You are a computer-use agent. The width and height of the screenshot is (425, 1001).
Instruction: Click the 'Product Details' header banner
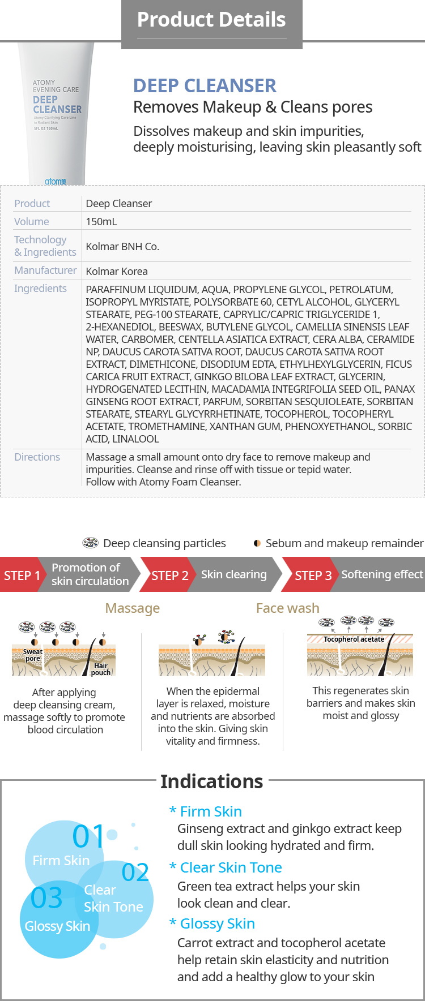(x=211, y=20)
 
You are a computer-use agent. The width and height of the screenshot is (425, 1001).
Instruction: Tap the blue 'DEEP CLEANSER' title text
(x=205, y=85)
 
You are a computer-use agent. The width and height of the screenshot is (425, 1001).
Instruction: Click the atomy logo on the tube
(x=56, y=181)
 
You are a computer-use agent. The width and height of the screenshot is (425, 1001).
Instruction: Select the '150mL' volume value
(x=101, y=222)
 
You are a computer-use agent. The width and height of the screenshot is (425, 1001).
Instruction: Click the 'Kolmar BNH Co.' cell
(x=122, y=247)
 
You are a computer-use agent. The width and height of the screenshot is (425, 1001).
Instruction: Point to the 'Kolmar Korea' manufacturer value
(x=117, y=272)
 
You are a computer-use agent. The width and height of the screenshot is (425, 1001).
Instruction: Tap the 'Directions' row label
(x=37, y=457)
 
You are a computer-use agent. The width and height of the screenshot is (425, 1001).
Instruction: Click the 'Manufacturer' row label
(x=45, y=270)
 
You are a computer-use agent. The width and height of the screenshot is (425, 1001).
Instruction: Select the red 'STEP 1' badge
(x=22, y=575)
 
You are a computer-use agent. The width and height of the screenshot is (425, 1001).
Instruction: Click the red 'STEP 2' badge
(x=169, y=575)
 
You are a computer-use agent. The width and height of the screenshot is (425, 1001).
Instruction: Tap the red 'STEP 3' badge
(x=313, y=575)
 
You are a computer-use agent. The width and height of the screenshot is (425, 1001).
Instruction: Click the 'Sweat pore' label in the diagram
(x=33, y=655)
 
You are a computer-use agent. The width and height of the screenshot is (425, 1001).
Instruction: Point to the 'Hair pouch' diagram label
(x=101, y=669)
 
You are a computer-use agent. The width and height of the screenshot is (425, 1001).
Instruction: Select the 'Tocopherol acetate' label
(x=354, y=639)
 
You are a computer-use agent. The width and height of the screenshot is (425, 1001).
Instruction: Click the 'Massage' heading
(x=133, y=608)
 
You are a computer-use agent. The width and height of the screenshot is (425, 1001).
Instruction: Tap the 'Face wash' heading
(x=287, y=608)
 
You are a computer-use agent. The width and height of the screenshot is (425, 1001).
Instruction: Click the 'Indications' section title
(x=211, y=781)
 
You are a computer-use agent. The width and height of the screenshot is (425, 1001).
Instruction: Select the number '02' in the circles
(x=135, y=873)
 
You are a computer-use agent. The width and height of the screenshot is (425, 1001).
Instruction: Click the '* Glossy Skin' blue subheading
(x=212, y=924)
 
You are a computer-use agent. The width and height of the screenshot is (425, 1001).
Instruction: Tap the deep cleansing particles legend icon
(x=90, y=543)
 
